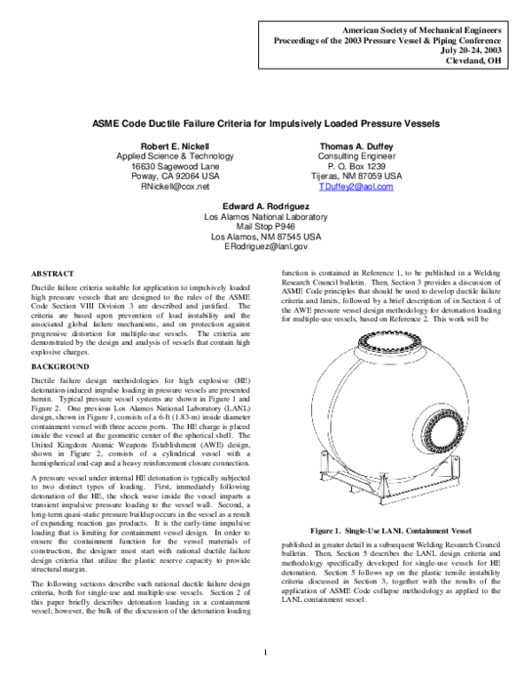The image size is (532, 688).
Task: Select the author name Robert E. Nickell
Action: (168, 145)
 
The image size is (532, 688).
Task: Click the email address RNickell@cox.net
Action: (168, 187)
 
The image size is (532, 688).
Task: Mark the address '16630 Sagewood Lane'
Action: (168, 166)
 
